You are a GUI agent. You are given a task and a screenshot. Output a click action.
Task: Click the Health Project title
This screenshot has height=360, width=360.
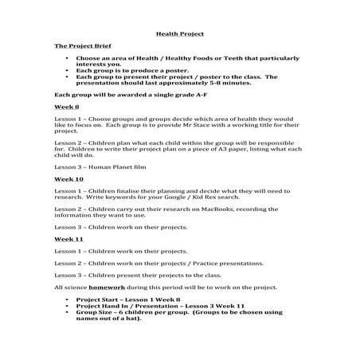coord(179,34)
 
